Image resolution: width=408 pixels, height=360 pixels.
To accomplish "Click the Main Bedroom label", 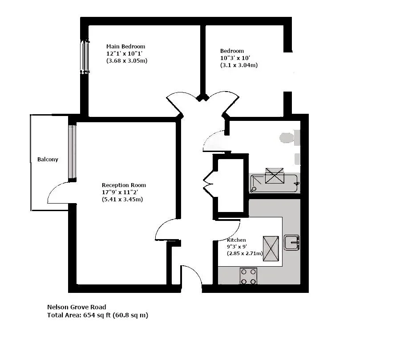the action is tap(125, 47).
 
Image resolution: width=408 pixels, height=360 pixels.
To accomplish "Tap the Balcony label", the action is tap(48, 160).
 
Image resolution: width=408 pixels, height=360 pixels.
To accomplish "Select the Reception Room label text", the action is tap(124, 185).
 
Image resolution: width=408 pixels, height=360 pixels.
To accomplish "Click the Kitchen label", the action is tap(236, 240).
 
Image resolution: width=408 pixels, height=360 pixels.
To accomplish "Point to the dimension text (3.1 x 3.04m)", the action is tap(239, 65).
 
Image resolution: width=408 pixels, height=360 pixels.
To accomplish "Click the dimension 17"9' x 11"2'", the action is tap(120, 192).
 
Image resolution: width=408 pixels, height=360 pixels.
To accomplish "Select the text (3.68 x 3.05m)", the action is tap(127, 60).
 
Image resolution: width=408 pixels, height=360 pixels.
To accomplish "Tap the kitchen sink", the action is tap(291, 243).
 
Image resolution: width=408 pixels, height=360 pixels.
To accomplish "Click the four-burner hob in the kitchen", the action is tap(248, 276).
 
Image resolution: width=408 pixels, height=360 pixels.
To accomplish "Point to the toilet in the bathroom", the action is tap(289, 137).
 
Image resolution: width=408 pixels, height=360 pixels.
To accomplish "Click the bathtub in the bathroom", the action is tap(274, 184).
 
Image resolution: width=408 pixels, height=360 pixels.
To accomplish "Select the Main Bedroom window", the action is tap(85, 56).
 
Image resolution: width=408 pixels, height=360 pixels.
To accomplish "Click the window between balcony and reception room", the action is tap(72, 152).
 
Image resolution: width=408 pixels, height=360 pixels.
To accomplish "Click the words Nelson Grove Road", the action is tap(77, 307).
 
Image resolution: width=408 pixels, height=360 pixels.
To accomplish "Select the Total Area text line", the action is tap(97, 315).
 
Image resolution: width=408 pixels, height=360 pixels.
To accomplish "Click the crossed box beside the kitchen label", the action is tap(271, 248).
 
